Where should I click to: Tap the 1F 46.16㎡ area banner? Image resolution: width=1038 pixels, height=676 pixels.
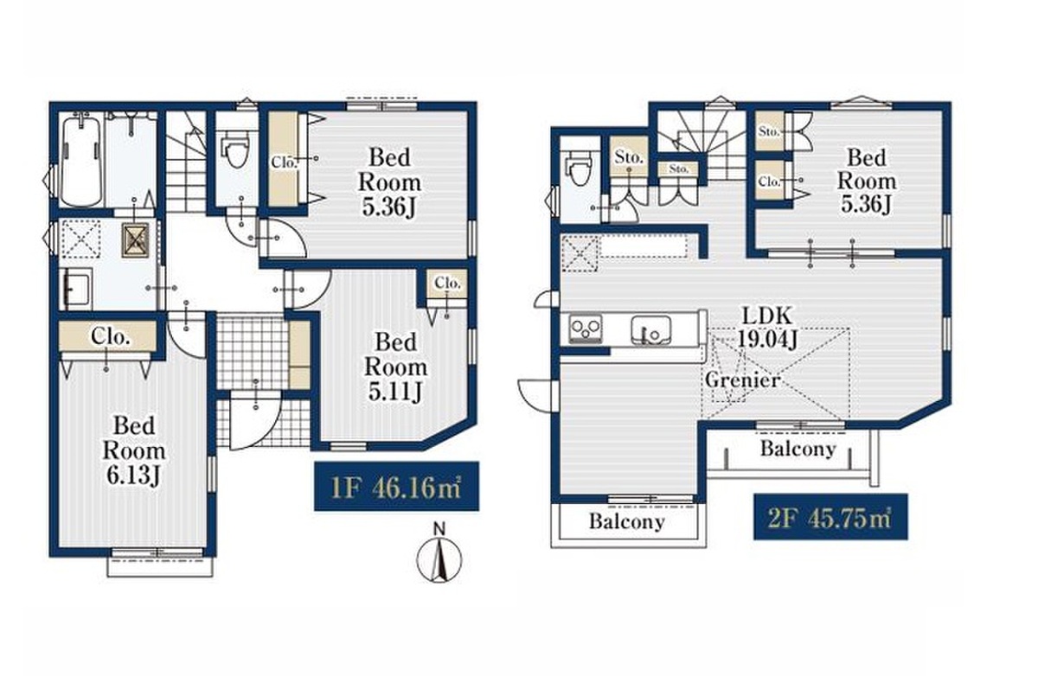click(397, 486)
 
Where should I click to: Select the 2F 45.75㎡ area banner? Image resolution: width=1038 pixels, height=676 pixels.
click(830, 517)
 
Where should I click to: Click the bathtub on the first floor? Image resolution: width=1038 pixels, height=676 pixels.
click(82, 160)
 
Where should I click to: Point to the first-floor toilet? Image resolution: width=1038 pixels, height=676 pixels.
click(236, 149)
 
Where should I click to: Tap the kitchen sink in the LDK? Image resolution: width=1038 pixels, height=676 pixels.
click(650, 329)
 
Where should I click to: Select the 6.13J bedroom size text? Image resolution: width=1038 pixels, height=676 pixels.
click(133, 475)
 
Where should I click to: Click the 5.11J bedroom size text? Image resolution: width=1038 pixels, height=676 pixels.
click(395, 392)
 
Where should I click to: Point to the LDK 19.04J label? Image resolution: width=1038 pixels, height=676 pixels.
click(767, 327)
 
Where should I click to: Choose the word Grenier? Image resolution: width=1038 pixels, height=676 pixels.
click(742, 380)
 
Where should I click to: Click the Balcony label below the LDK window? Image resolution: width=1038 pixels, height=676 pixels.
click(798, 448)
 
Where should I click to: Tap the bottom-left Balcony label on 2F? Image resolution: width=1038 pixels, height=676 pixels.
click(627, 521)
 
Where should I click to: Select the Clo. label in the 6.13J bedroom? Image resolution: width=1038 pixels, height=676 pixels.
click(110, 336)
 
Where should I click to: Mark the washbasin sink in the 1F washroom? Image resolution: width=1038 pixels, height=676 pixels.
click(76, 290)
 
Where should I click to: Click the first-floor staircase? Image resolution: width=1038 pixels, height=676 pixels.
click(186, 162)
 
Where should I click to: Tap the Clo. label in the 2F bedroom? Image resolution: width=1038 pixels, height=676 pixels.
click(769, 182)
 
